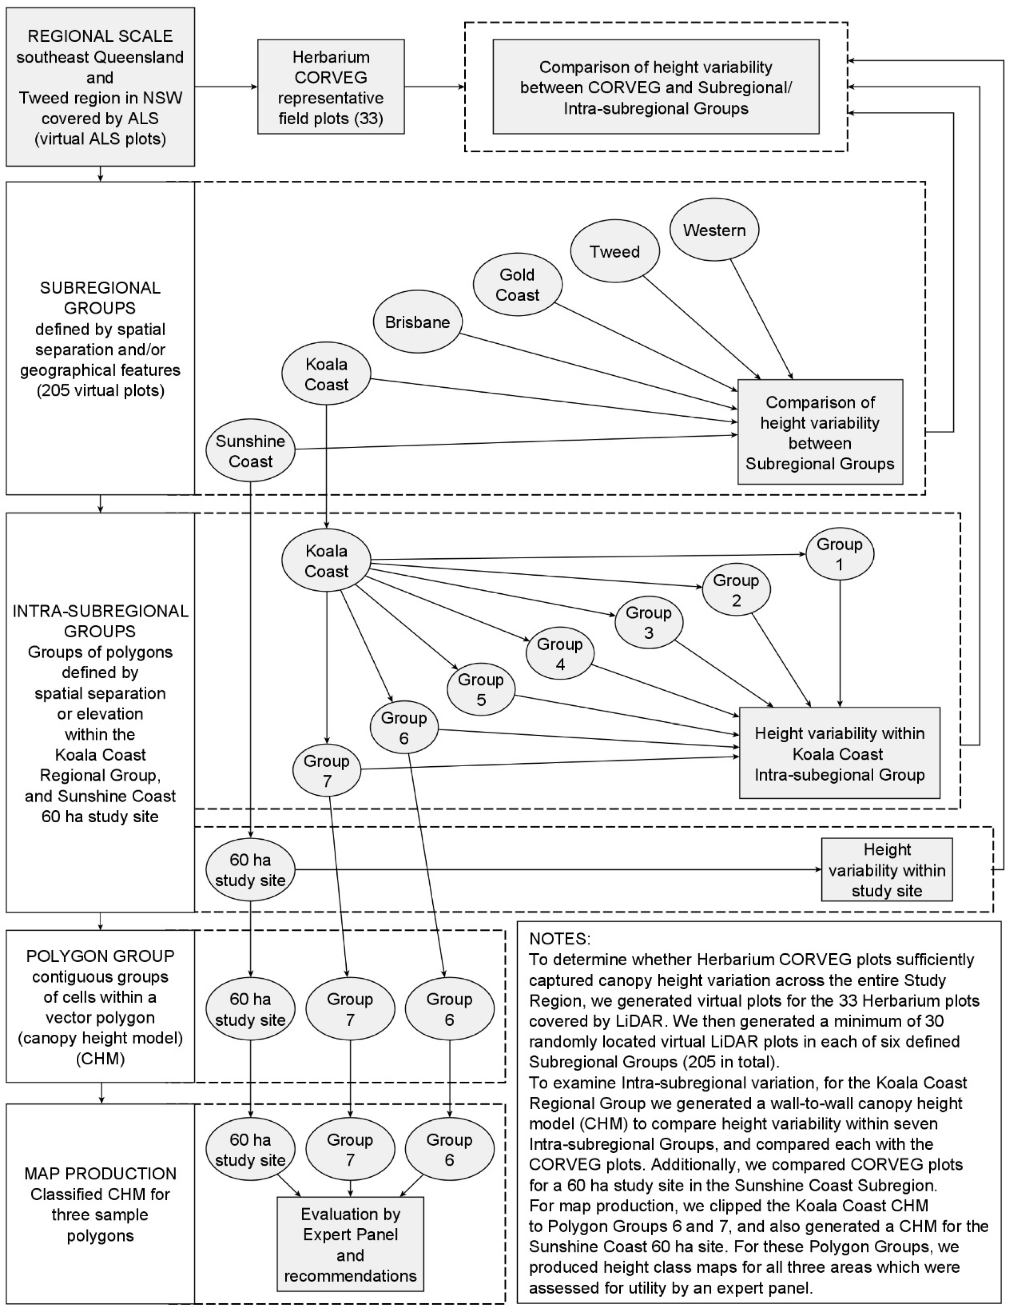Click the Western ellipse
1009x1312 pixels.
point(714,230)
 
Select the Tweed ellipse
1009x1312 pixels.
point(614,251)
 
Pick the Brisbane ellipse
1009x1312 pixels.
point(417,322)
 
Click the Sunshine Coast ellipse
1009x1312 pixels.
point(250,451)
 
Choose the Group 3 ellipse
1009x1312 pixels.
point(649,623)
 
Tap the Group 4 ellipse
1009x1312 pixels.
point(560,654)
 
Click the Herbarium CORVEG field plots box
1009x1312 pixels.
point(330,87)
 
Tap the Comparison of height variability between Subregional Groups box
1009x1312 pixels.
point(820,432)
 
